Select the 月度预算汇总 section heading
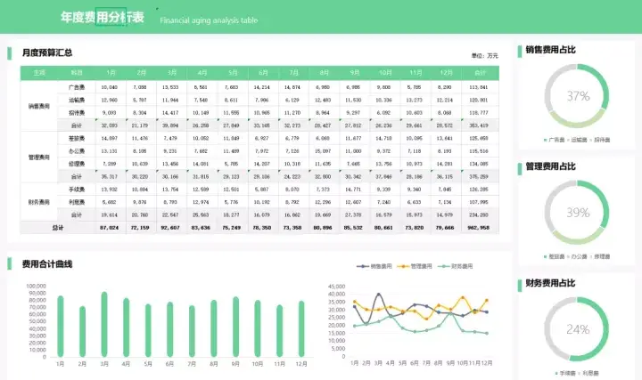click(46, 53)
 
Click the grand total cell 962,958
click(478, 228)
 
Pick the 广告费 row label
click(77, 87)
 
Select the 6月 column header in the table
click(262, 72)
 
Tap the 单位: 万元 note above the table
click(486, 55)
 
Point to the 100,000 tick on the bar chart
click(37, 287)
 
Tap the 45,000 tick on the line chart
click(337, 287)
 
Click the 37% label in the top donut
click(578, 96)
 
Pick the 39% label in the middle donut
click(578, 213)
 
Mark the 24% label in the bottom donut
click(578, 329)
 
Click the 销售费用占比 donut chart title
click(550, 50)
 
